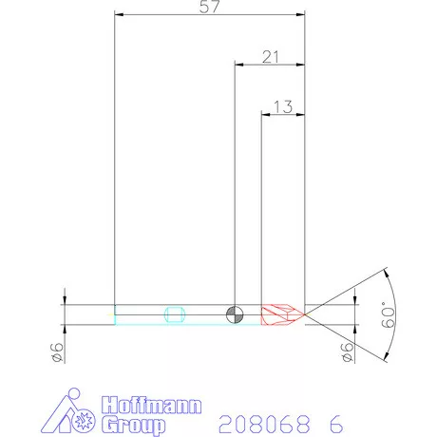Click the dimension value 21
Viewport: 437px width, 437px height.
tap(270, 56)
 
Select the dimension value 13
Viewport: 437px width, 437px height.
tap(282, 106)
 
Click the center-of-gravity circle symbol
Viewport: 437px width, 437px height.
tap(234, 313)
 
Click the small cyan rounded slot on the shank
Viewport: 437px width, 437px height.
tap(174, 313)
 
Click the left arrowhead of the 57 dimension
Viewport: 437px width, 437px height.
tap(119, 14)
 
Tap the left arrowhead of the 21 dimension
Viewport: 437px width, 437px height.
tap(239, 65)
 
